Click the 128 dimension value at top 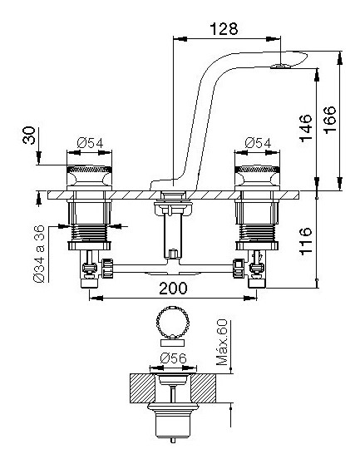(x=224, y=29)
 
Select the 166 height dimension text (x=330, y=120)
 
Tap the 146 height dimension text (x=306, y=128)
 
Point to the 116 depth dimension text (x=306, y=241)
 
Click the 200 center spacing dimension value (x=173, y=288)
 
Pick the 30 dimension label (x=29, y=136)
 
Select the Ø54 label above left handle (x=90, y=143)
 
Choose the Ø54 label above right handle (x=258, y=143)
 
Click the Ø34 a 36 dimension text (x=39, y=254)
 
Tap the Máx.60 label (x=221, y=343)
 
